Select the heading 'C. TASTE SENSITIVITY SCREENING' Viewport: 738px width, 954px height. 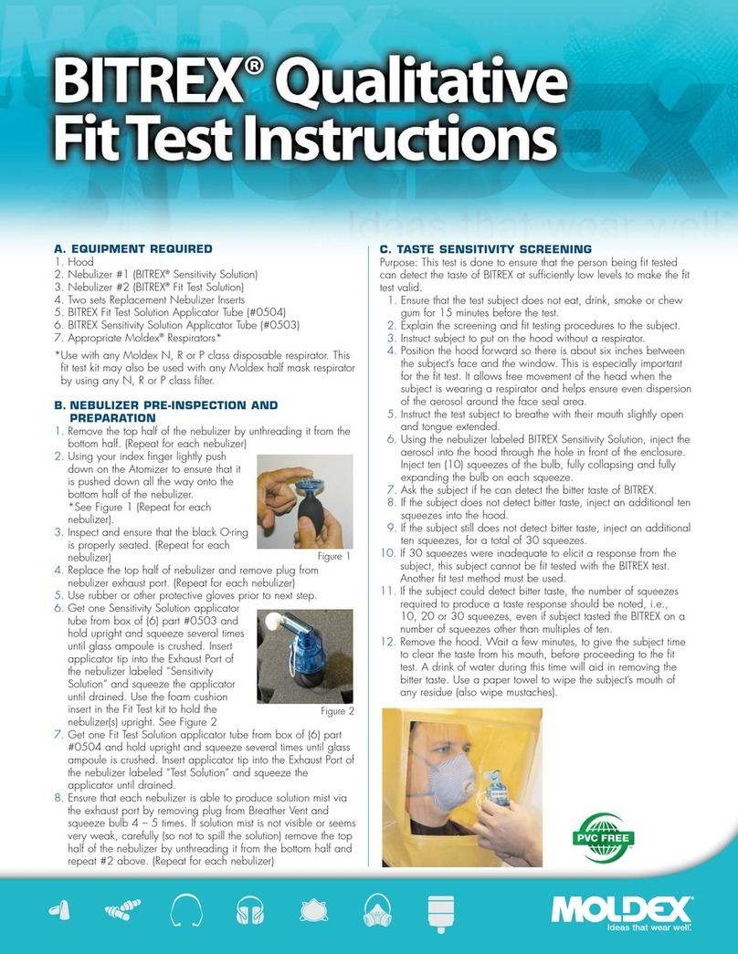tap(485, 248)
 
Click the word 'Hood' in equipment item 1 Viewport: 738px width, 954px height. tap(76, 261)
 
